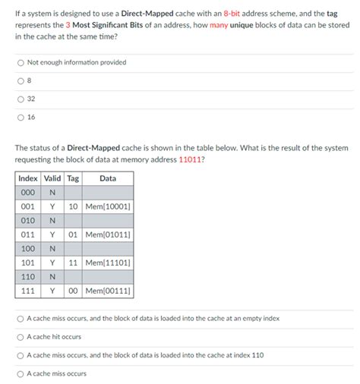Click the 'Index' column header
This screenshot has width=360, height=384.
click(x=27, y=178)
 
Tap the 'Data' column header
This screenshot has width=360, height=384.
click(x=108, y=178)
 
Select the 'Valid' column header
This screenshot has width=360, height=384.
click(x=52, y=178)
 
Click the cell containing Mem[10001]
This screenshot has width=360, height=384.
click(x=108, y=206)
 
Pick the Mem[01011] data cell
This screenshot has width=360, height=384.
click(x=108, y=234)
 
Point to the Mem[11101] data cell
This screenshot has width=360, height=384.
click(x=108, y=263)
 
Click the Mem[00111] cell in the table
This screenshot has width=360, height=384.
click(x=108, y=291)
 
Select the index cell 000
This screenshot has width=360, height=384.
click(x=27, y=193)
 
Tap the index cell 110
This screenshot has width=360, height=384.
click(x=27, y=277)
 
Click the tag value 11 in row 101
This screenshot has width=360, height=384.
click(x=73, y=263)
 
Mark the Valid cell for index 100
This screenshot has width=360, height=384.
click(x=52, y=249)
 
